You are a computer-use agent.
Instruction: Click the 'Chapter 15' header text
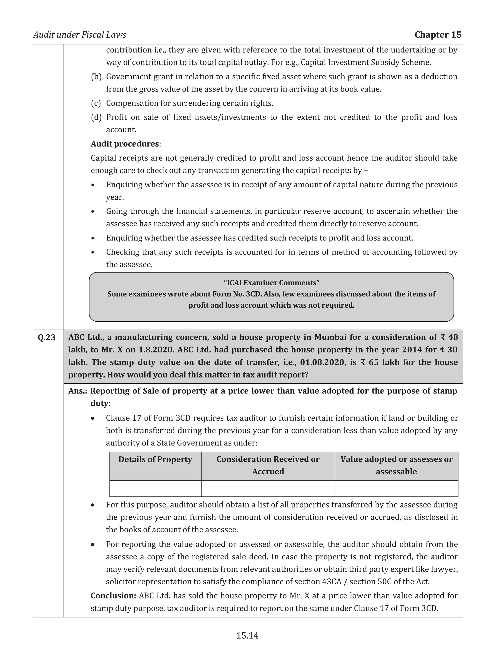coord(437,35)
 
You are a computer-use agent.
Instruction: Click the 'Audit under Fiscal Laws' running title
coord(80,35)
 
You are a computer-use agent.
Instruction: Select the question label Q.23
coord(47,337)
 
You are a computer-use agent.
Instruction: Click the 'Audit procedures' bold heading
coord(125,144)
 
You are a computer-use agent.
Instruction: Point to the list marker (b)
coord(96,77)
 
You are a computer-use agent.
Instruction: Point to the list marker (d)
coord(96,117)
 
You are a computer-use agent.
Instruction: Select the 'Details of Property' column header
coord(155,459)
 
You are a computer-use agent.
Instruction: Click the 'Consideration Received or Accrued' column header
coord(268,465)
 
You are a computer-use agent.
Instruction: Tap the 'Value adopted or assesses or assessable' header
coord(396,465)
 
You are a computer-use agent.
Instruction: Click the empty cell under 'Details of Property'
coord(155,489)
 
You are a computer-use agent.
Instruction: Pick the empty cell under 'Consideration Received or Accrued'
coord(268,489)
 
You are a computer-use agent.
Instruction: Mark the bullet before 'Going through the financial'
coord(93,212)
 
